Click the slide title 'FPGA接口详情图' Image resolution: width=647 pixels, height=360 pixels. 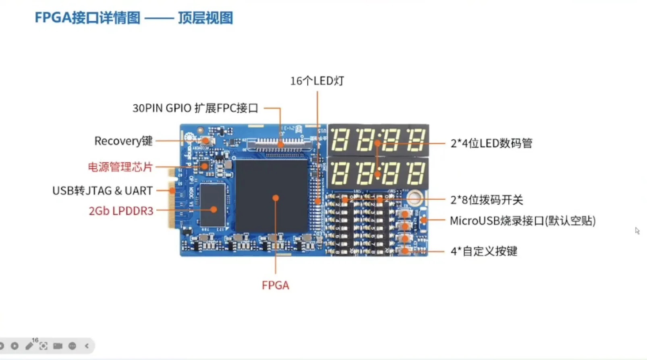coord(87,18)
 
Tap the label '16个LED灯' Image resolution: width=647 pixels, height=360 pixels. coord(317,81)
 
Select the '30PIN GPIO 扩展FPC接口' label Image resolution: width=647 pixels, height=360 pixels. coord(195,108)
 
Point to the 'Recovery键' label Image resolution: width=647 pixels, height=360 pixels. coord(123,141)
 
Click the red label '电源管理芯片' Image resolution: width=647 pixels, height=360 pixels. coord(120,167)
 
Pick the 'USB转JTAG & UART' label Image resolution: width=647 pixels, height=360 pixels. coord(102,190)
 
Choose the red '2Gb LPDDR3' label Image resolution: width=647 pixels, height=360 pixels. coord(121,211)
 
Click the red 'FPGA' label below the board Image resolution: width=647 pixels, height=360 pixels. coord(276,285)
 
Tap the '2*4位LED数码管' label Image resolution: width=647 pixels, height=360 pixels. coord(491,143)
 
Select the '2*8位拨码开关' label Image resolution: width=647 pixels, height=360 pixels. coord(487,200)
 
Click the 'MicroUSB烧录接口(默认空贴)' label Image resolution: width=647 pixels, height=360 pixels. coord(523,221)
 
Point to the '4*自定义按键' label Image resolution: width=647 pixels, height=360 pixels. coord(484,251)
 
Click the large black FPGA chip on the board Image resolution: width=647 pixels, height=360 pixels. coord(272,196)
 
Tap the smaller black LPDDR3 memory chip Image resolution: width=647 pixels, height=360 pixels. coord(212,205)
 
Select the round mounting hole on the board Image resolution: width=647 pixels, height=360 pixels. coord(415,198)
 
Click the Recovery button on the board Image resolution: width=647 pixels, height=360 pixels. coord(206,141)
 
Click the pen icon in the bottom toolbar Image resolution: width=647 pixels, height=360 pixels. coord(29,346)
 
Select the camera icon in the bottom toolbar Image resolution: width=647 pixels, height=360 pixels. coord(58,346)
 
